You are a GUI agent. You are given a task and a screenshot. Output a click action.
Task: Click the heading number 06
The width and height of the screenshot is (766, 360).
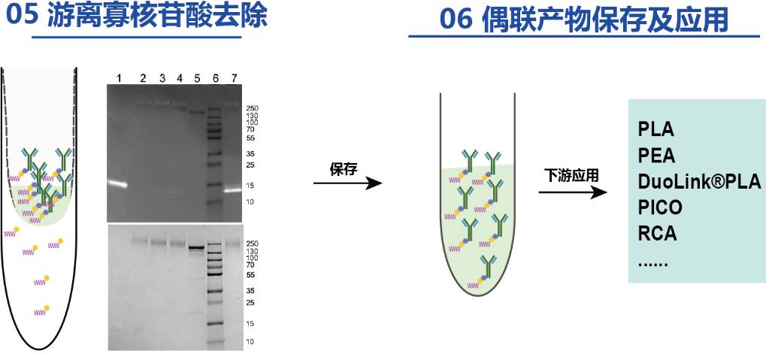(455, 20)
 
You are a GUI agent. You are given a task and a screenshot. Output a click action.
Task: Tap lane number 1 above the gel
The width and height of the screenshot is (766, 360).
(119, 77)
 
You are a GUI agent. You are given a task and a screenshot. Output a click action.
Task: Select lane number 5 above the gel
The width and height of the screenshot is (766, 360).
(197, 77)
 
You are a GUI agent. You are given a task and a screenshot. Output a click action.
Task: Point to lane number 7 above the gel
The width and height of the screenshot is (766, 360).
(234, 77)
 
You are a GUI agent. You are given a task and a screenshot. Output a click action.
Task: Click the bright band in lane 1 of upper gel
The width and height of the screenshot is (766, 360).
(118, 183)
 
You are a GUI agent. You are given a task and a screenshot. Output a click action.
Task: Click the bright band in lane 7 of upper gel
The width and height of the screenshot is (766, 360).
(232, 190)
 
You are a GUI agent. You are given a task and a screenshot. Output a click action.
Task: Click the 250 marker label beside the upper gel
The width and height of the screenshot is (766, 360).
(252, 108)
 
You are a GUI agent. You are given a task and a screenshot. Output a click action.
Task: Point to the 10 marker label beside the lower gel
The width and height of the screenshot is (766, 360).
(250, 341)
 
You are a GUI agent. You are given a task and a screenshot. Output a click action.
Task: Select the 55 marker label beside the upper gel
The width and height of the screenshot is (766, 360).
(250, 138)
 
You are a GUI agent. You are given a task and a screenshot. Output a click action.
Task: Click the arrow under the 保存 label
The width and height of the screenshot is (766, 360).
(347, 183)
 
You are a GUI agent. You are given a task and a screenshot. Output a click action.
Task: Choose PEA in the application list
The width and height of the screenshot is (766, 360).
(656, 156)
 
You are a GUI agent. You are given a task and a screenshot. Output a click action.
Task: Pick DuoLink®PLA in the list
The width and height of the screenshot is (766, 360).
(699, 182)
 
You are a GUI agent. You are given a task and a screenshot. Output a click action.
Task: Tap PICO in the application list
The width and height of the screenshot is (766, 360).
(660, 207)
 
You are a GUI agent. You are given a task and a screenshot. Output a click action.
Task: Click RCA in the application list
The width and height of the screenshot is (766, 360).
(657, 234)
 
